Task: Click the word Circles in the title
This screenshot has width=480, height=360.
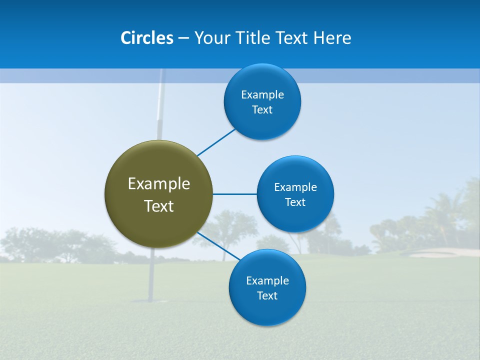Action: click(147, 38)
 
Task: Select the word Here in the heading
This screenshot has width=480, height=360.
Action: click(332, 38)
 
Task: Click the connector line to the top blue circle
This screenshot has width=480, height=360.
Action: click(216, 142)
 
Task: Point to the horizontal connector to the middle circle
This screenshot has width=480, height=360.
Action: click(235, 194)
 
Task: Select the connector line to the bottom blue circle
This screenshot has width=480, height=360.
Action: click(218, 246)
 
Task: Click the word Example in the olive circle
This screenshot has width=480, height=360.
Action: click(159, 183)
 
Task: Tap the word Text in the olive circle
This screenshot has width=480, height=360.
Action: click(159, 206)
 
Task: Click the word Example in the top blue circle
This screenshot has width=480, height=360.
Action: click(262, 94)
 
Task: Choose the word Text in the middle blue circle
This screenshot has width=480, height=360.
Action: click(295, 202)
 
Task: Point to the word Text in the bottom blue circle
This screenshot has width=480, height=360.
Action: click(267, 295)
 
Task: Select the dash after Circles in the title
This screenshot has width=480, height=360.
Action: click(183, 38)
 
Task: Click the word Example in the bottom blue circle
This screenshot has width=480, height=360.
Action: click(267, 280)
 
